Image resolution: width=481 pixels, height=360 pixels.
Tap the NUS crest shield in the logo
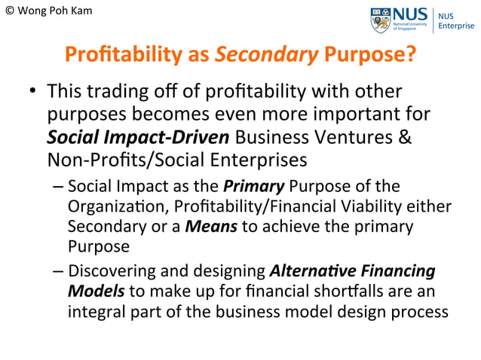click(381, 20)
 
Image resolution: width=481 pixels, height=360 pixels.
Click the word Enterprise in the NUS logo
click(457, 26)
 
